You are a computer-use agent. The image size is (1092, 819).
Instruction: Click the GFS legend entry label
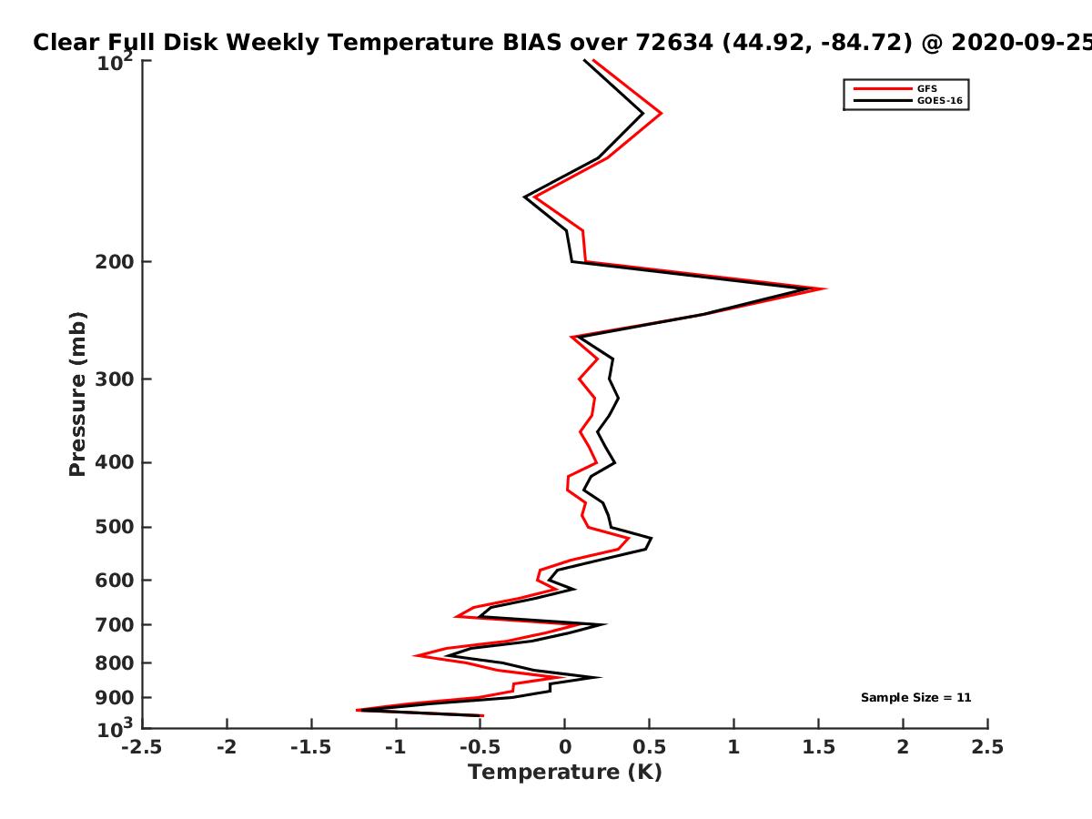pyautogui.click(x=926, y=89)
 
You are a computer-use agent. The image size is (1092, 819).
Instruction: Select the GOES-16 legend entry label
pyautogui.click(x=940, y=101)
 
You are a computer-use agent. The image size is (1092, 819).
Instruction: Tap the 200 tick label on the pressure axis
pyautogui.click(x=115, y=262)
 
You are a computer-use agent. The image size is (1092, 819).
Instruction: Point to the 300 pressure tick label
pyautogui.click(x=115, y=379)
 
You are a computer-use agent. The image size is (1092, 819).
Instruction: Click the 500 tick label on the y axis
pyautogui.click(x=115, y=527)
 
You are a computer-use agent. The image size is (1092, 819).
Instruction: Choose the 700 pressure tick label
pyautogui.click(x=115, y=625)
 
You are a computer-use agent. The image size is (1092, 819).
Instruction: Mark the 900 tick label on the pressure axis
pyautogui.click(x=115, y=698)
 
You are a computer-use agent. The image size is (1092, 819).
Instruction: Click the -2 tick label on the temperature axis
pyautogui.click(x=227, y=747)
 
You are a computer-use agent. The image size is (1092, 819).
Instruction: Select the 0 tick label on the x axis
pyautogui.click(x=565, y=747)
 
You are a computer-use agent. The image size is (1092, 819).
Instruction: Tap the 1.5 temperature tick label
pyautogui.click(x=819, y=747)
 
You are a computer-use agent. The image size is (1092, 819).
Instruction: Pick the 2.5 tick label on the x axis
pyautogui.click(x=987, y=747)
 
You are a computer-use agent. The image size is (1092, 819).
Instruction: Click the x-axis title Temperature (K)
pyautogui.click(x=565, y=773)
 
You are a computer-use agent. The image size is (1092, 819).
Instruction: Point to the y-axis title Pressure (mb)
pyautogui.click(x=77, y=394)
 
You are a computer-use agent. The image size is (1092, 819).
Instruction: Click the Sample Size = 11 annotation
pyautogui.click(x=915, y=698)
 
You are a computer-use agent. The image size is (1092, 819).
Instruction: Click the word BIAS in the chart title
pyautogui.click(x=531, y=43)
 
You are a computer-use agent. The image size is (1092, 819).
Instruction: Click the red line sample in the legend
pyautogui.click(x=883, y=89)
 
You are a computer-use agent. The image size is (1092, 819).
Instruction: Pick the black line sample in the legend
pyautogui.click(x=883, y=101)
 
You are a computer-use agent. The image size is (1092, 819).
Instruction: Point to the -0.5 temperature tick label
pyautogui.click(x=480, y=747)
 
